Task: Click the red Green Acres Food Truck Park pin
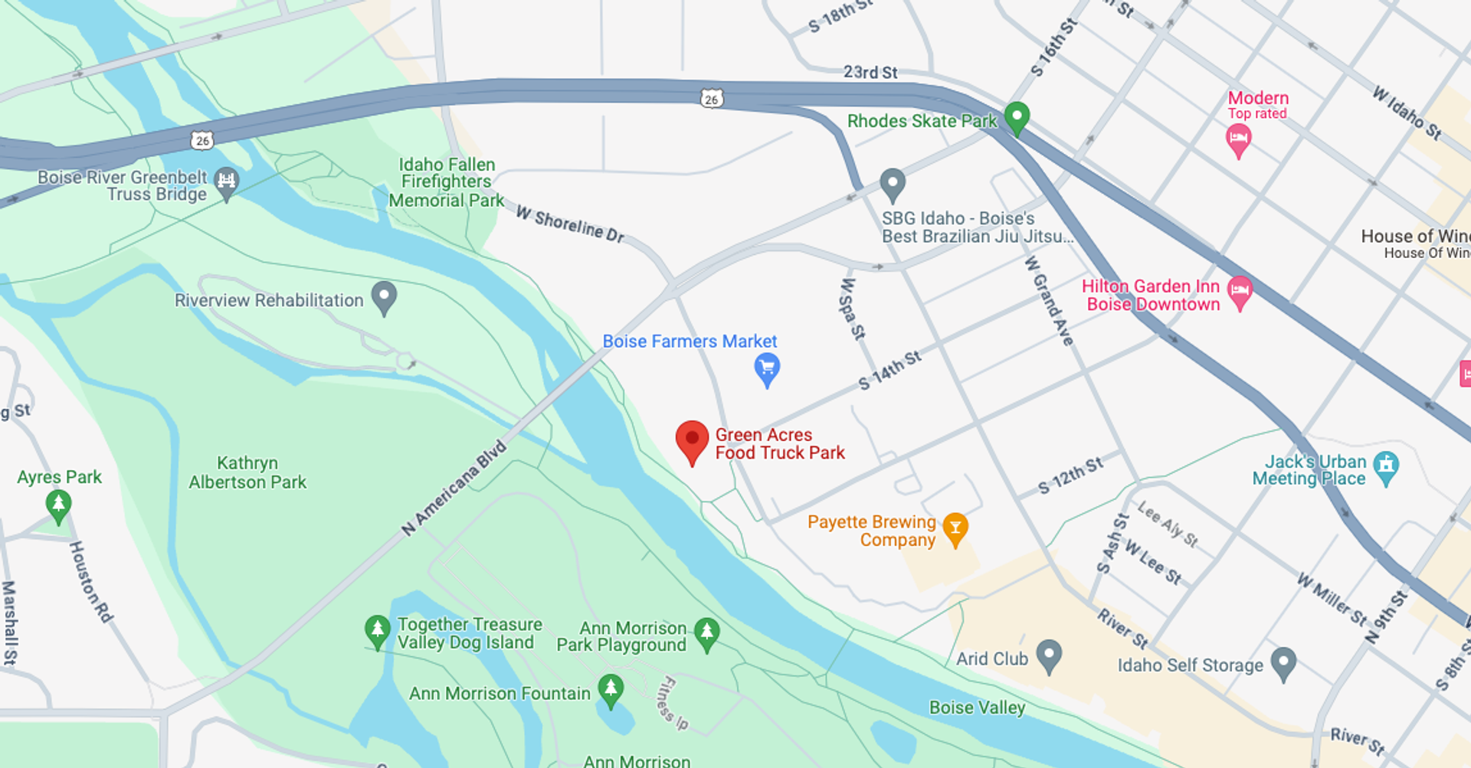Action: (692, 440)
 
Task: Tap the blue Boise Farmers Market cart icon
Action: (767, 368)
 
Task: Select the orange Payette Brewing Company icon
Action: (955, 528)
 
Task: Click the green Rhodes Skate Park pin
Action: (1017, 117)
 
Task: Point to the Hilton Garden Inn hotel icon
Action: (1239, 292)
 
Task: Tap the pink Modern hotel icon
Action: (1238, 140)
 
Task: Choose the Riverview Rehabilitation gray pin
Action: (384, 297)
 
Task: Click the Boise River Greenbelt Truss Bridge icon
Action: (226, 182)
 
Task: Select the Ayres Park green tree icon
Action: (59, 505)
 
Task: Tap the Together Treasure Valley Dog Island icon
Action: (377, 631)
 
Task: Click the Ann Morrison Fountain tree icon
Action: (611, 689)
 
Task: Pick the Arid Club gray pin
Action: (1049, 655)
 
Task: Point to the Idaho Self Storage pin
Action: (1283, 662)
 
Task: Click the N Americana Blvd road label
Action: (454, 488)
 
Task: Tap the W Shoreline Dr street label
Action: (570, 224)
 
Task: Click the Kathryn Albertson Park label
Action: (247, 472)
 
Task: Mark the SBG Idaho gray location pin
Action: (893, 184)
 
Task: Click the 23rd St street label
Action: (870, 72)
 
